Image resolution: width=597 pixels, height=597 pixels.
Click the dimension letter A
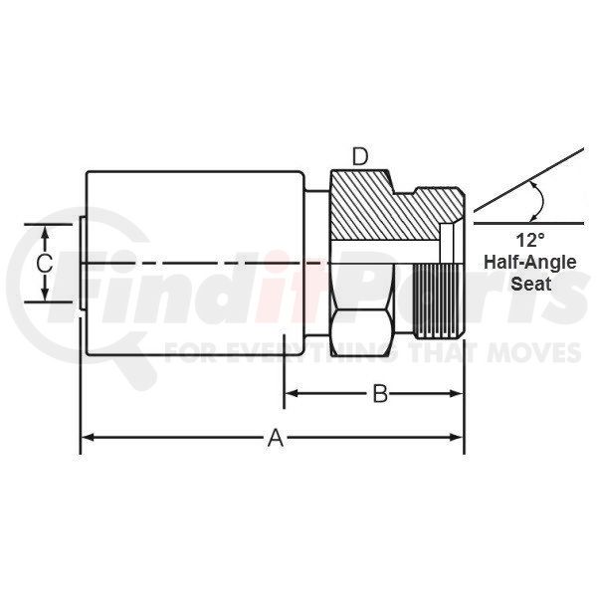[x=276, y=438]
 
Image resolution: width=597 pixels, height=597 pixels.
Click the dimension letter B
[x=380, y=394]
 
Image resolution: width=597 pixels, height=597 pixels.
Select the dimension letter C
[x=44, y=264]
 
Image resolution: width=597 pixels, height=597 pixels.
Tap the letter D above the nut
[x=360, y=157]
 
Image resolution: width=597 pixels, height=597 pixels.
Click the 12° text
[x=530, y=241]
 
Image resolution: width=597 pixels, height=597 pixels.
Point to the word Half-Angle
[x=530, y=263]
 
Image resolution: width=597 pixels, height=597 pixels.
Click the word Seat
[x=530, y=284]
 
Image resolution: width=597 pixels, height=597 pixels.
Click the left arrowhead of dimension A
[x=88, y=437]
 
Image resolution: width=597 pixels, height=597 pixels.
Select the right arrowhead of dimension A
[x=456, y=437]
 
